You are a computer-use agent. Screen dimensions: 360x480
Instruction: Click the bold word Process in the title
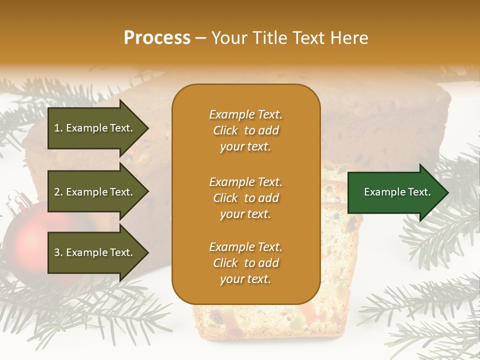[157, 38]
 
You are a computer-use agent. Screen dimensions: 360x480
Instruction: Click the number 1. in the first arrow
[58, 128]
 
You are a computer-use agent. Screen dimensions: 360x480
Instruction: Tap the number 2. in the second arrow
[58, 192]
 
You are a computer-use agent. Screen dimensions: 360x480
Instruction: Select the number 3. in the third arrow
[58, 252]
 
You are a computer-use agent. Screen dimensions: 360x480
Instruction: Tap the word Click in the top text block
[225, 130]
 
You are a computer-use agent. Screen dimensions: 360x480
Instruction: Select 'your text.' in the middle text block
[245, 214]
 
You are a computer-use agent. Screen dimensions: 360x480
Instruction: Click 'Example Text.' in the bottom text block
[245, 247]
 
